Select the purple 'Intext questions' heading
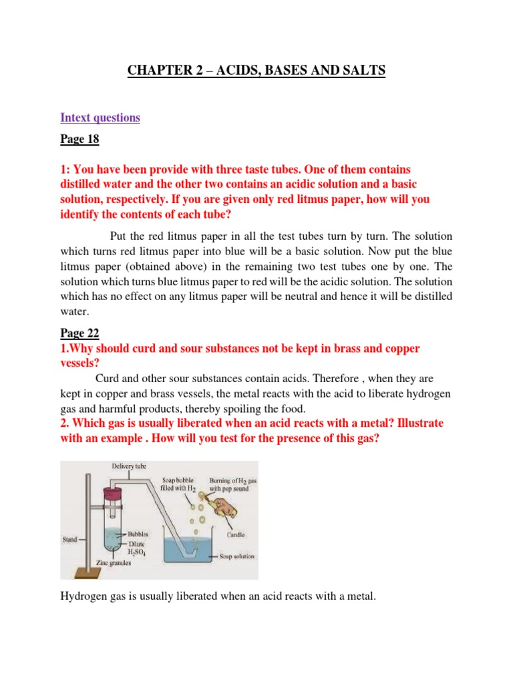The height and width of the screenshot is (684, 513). click(100, 118)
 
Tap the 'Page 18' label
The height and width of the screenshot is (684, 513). click(81, 140)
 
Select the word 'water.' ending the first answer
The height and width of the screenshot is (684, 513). click(75, 311)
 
